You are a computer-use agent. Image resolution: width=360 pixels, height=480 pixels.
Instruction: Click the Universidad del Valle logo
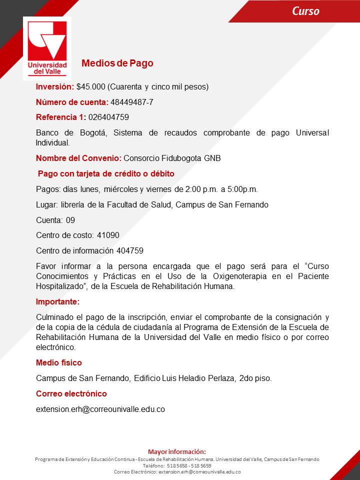point(47,48)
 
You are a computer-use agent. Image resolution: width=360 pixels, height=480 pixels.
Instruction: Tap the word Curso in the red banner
point(305,11)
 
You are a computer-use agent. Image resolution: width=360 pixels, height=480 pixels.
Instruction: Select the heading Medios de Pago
point(117,63)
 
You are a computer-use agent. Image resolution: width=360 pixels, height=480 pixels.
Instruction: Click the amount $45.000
point(90,86)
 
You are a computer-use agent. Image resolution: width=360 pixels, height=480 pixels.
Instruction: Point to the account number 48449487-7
point(132,102)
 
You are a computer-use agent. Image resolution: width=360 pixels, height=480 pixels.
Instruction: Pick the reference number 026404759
point(108,117)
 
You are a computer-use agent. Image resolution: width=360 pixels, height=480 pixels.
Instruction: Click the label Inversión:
point(55,86)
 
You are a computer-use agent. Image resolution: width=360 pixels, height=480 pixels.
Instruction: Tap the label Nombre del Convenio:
point(78,158)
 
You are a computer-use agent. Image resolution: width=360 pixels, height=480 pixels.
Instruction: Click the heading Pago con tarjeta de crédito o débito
point(106,173)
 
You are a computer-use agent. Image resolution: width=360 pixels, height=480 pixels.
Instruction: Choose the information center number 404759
point(130,250)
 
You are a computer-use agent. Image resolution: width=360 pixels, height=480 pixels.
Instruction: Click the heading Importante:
point(57,302)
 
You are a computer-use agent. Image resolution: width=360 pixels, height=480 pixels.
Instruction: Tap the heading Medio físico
point(59,362)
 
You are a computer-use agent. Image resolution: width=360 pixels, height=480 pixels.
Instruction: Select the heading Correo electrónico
point(71,393)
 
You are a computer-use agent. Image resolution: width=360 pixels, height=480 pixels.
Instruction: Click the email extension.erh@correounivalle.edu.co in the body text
point(100,409)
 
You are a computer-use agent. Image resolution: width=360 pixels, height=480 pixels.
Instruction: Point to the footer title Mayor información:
point(177,451)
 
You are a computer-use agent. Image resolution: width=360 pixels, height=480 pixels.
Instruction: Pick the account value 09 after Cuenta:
point(70,220)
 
